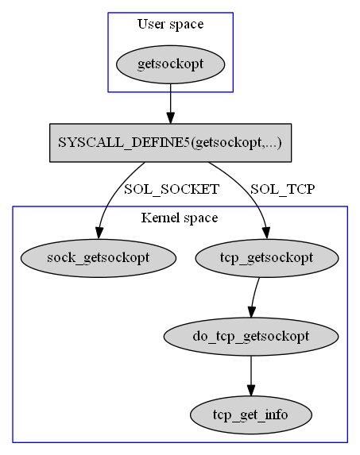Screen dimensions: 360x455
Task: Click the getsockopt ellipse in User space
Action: (170, 64)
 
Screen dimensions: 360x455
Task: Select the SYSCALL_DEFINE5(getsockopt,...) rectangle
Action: (170, 143)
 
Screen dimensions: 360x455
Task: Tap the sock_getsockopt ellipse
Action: (99, 258)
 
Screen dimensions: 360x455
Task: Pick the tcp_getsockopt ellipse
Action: (267, 258)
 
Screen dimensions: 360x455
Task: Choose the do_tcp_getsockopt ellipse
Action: (251, 337)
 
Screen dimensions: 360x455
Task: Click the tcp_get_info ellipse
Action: (251, 415)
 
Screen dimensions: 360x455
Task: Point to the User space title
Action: (170, 24)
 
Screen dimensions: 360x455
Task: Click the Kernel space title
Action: (180, 218)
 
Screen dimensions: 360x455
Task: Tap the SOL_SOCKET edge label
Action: (172, 189)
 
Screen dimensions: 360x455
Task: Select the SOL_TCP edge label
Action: (282, 189)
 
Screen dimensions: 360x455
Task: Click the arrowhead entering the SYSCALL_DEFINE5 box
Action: (170, 118)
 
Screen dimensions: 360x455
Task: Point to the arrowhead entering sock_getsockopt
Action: (99, 233)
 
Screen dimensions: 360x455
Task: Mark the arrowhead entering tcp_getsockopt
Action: (266, 233)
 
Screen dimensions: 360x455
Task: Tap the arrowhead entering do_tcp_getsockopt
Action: (252, 311)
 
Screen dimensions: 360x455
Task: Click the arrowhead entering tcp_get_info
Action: (251, 391)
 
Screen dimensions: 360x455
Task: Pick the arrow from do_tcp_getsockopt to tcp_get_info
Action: (251, 376)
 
